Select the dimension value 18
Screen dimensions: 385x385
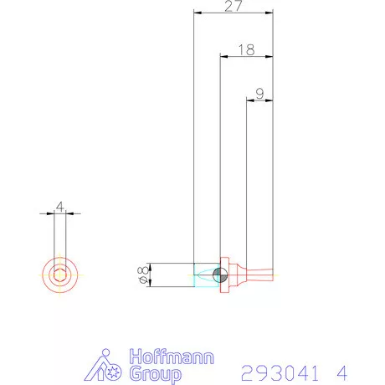246,50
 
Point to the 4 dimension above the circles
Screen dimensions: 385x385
59,206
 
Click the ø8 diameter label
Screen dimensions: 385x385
142,275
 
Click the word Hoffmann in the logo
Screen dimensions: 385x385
172,357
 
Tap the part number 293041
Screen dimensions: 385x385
283,371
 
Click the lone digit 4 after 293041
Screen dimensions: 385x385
342,371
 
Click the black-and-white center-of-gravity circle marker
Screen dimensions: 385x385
219,275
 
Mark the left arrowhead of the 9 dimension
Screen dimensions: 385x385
249,100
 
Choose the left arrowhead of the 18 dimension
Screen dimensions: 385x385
223,57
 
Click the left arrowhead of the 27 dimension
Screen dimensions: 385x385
196,13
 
